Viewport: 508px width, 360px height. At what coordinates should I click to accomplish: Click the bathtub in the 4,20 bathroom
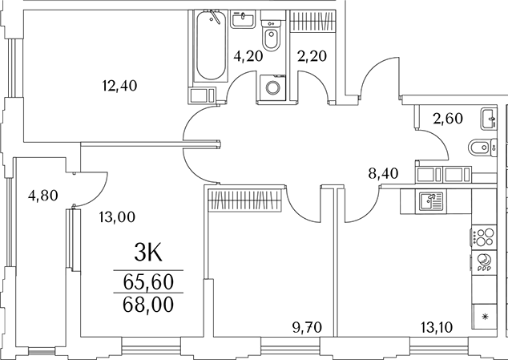211,46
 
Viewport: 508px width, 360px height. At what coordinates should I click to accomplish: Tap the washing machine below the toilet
272,87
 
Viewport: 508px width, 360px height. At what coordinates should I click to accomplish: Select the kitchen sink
431,201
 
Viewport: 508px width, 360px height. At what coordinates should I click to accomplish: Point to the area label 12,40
119,86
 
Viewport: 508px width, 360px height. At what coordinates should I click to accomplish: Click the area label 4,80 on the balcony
43,196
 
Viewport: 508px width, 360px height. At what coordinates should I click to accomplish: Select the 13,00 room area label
117,217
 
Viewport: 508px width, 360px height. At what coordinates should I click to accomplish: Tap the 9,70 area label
307,328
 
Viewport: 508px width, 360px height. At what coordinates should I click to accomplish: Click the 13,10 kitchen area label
437,328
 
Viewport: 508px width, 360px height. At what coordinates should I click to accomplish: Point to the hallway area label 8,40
383,174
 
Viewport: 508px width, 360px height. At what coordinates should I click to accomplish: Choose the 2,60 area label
448,119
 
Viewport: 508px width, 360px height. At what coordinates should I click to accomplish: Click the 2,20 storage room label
312,56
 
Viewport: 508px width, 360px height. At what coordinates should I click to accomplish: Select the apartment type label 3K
148,253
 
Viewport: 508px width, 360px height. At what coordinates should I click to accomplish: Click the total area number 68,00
148,305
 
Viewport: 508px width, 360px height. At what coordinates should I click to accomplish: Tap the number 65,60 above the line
148,282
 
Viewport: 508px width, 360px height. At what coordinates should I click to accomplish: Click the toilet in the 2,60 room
482,148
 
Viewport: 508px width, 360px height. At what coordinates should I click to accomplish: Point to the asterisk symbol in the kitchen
485,317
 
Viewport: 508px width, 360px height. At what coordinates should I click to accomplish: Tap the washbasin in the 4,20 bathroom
243,19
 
